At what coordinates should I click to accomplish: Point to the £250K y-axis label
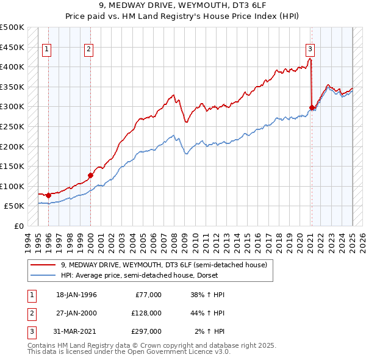tap(12, 126)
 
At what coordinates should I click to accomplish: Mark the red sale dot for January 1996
tap(48, 195)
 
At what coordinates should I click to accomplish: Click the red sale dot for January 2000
tap(90, 175)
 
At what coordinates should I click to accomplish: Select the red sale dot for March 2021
tap(312, 108)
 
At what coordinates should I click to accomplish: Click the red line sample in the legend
tap(43, 265)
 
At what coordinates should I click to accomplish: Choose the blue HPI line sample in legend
tap(43, 275)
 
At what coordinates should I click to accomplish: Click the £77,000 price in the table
tap(148, 295)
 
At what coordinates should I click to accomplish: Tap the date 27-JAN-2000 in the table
tap(76, 312)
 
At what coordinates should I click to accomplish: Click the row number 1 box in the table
tap(32, 295)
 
